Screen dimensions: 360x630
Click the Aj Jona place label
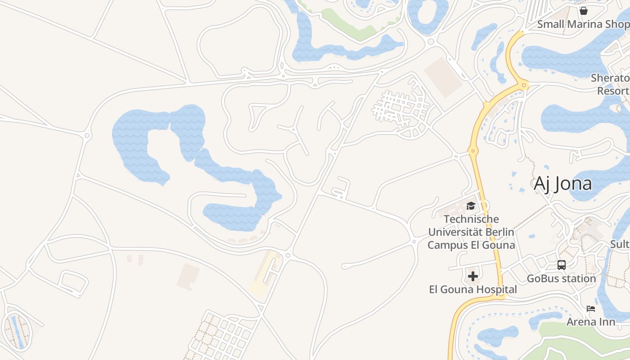point(562,184)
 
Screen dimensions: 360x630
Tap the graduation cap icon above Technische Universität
point(471,206)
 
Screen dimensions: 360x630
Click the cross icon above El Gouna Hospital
point(473,276)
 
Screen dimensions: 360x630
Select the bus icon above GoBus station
point(562,265)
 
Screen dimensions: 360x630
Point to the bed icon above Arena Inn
point(591,309)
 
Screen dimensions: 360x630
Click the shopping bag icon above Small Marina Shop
point(584,11)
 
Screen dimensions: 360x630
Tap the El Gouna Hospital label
point(473,289)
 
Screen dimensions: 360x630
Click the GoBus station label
point(562,279)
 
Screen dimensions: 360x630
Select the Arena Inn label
point(591,322)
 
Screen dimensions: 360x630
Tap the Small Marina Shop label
point(583,24)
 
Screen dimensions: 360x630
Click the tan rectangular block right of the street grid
point(443,76)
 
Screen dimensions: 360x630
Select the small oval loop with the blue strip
point(17,331)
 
